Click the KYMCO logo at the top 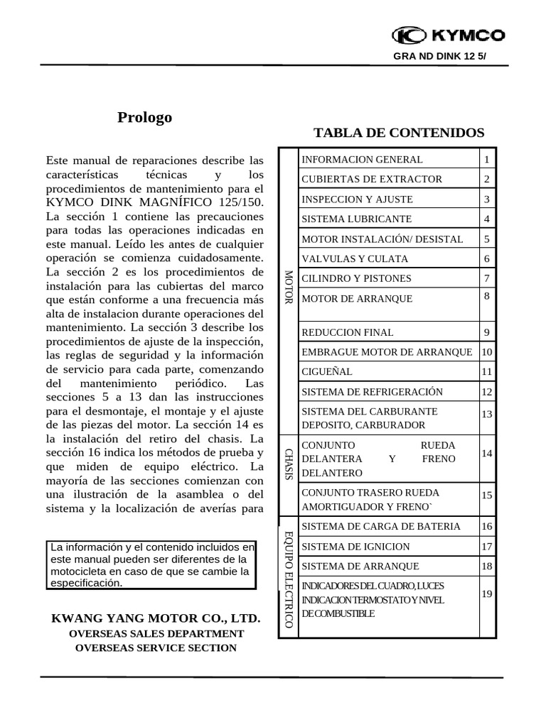(449, 35)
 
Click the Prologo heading (144, 118)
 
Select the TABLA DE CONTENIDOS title (399, 133)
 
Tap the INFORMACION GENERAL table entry (362, 160)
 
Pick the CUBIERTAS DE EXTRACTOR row (372, 180)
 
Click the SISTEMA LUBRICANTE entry (356, 219)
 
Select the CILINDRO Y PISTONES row (356, 279)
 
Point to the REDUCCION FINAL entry (348, 332)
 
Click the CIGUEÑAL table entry (327, 372)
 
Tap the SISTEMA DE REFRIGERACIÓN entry (372, 392)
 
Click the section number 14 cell (487, 453)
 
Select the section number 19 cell (487, 594)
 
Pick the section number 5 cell (487, 239)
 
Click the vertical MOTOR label (289, 288)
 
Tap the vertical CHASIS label (289, 464)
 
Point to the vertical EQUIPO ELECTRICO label (289, 579)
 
